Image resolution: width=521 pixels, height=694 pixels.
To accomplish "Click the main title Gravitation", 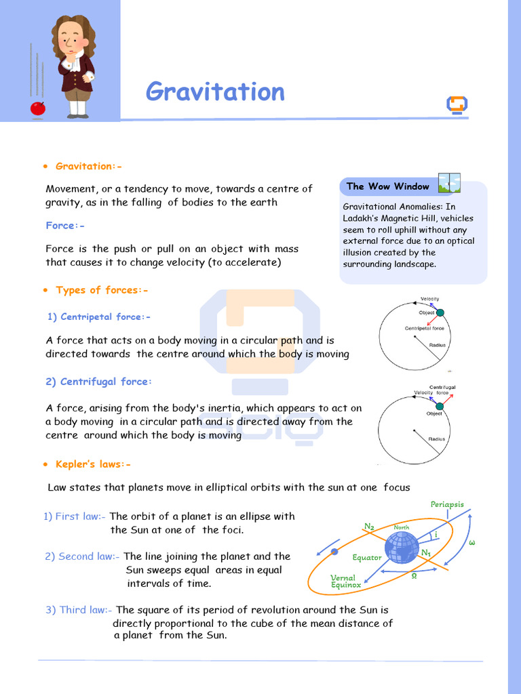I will pos(215,91).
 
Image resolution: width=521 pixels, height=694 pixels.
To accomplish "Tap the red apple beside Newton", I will pos(38,108).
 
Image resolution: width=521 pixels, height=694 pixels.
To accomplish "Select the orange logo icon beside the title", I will pos(457,106).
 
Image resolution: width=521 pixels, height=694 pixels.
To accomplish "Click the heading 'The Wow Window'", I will pos(387,186).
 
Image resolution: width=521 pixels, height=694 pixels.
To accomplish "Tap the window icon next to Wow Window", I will pos(449,183).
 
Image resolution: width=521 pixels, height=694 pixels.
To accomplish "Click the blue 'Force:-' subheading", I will pos(65,226).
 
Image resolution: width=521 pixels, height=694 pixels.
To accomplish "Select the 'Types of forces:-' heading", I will pos(102,290).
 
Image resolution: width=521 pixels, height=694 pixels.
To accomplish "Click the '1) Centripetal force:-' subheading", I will pos(99,317).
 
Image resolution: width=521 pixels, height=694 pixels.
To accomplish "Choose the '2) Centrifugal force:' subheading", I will pos(99,382).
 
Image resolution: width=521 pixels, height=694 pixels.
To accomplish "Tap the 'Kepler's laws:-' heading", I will pos(93,464).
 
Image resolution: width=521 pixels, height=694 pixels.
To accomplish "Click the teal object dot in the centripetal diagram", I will pos(440,312).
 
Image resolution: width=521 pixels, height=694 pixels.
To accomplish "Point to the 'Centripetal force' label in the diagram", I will pos(424,329).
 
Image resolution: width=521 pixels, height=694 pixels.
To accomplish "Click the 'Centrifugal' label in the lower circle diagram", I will pos(442,387).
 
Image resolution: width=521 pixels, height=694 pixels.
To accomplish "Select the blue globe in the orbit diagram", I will pos(402,548).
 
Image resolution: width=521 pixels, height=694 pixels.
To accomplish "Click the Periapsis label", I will pos(447,504).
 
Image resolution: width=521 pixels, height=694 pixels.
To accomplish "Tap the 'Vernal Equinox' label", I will pos(345,581).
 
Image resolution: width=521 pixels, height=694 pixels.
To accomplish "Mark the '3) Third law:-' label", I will pos(79,610).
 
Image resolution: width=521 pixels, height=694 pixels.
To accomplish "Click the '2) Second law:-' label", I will pos(82,556).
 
